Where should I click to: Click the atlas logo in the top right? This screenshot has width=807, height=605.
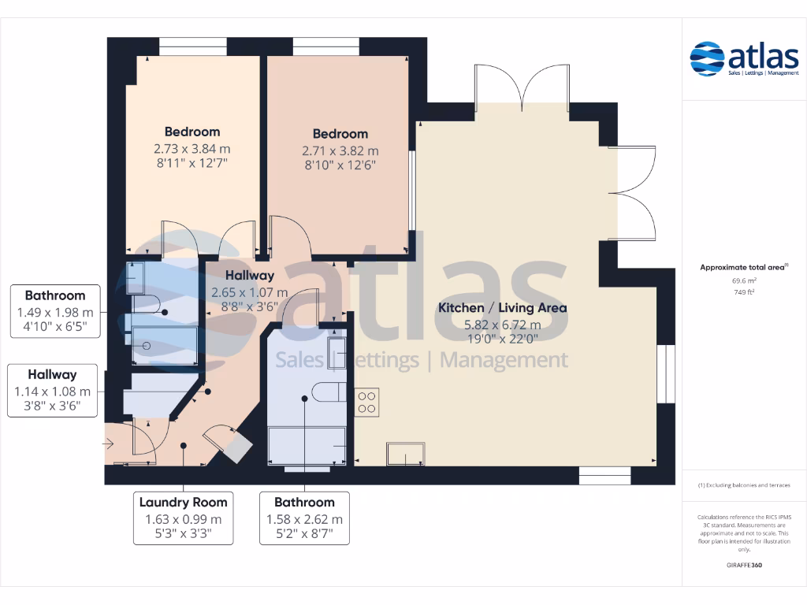click(744, 60)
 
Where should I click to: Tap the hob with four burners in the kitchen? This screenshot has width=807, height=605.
click(367, 402)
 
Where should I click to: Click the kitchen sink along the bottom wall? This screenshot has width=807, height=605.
click(406, 454)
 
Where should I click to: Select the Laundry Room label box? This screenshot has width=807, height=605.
click(183, 518)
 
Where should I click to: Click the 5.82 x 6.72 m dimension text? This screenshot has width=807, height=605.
click(502, 325)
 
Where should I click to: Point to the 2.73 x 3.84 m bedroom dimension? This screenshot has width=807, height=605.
click(192, 148)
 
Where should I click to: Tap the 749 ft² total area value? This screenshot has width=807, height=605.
click(744, 292)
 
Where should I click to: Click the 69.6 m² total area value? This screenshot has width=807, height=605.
click(744, 280)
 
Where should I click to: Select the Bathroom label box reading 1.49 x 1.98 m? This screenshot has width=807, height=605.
click(55, 311)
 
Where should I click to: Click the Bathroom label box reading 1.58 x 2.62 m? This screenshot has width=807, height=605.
click(304, 518)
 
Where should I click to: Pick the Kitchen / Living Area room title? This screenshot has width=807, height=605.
click(502, 308)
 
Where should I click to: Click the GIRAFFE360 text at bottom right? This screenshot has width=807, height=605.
click(744, 566)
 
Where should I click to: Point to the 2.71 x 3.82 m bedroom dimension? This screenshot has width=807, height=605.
click(340, 150)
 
